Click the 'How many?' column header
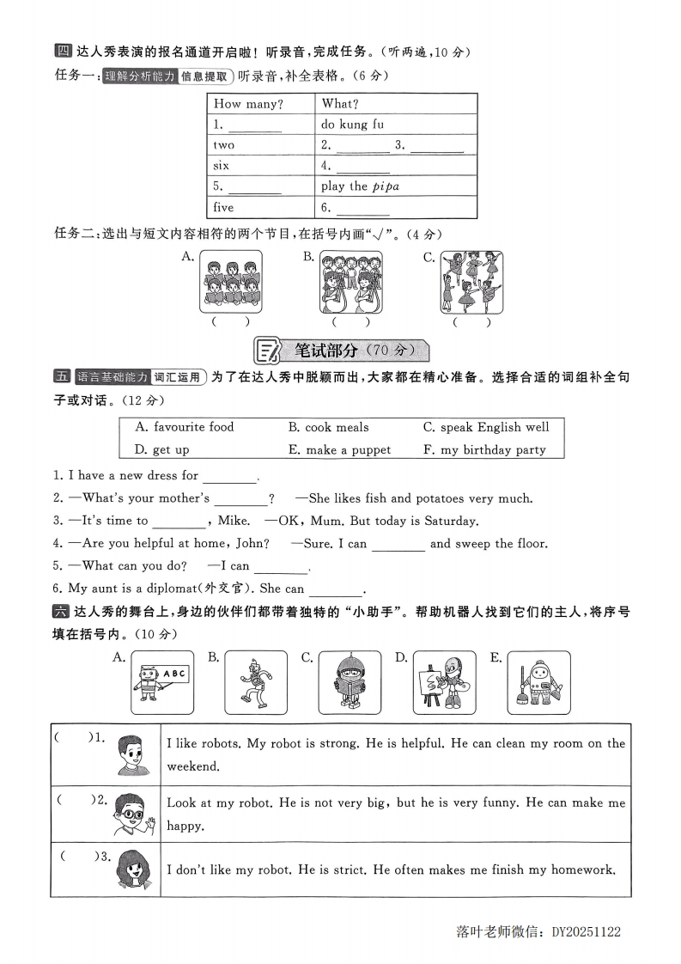pos(248,104)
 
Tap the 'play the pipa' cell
pos(360,186)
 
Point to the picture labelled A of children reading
pos(231,282)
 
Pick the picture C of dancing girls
pos(471,282)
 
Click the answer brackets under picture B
pos(351,323)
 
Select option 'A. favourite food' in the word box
pos(185,427)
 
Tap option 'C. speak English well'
pos(486,427)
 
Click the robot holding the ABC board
pos(162,682)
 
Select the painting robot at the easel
pos(444,682)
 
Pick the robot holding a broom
pos(538,682)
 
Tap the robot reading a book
pos(350,682)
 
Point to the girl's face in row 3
pos(135,868)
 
